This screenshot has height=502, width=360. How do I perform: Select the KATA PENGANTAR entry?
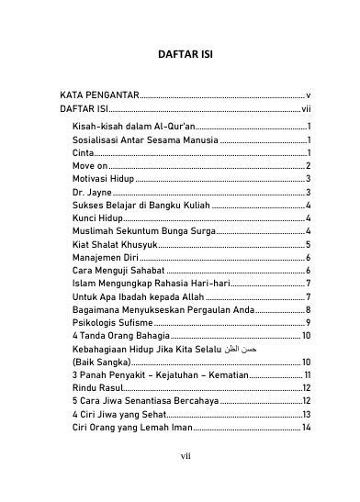[x=99, y=95]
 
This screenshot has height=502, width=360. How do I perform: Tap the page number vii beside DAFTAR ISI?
[x=306, y=108]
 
